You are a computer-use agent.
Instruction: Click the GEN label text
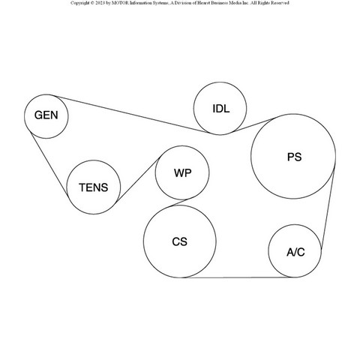coord(46,115)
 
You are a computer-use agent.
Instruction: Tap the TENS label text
coord(94,187)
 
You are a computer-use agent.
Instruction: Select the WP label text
coord(183,173)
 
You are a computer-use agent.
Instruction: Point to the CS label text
coord(179,241)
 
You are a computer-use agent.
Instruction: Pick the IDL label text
coord(221,109)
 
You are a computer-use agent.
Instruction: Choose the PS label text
coord(295,157)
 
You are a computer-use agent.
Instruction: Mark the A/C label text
coord(295,252)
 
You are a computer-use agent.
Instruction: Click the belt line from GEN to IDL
coord(132,114)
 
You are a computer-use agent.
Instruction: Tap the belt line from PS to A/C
coord(328,208)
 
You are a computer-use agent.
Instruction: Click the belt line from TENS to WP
coord(138,179)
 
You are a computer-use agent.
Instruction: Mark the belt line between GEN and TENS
coord(49,163)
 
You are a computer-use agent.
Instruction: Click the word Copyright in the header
coord(79,3)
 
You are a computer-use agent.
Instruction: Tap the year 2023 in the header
coord(100,3)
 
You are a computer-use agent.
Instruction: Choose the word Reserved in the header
coord(280,3)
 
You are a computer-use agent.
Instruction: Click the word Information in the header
coord(141,3)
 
